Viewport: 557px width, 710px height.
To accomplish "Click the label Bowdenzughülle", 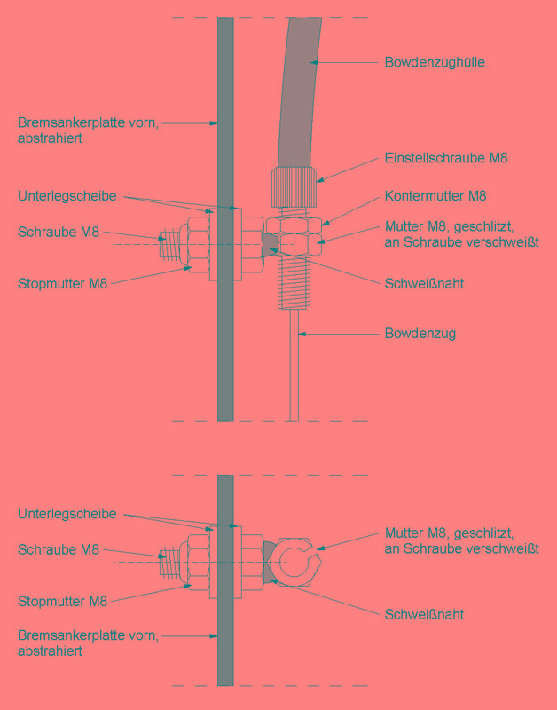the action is (435, 62).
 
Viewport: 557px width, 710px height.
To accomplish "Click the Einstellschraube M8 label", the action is (446, 158).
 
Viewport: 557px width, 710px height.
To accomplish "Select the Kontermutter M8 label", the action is (435, 196).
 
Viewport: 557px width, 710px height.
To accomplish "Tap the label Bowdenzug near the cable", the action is (420, 335).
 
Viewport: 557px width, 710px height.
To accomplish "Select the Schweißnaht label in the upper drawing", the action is (424, 284).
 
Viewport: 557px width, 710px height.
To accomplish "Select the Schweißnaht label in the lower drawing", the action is (424, 614).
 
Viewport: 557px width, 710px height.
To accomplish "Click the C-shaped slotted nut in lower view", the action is (295, 562).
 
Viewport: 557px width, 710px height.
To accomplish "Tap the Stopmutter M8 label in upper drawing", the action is (62, 284).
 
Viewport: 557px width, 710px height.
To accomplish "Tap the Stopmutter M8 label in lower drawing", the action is (62, 602).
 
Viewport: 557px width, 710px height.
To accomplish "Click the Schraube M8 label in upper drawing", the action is (59, 232).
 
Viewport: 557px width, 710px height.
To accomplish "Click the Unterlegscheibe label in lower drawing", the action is (67, 514).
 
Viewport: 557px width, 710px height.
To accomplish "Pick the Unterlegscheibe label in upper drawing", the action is (67, 196).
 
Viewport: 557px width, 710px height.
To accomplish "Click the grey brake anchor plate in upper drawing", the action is (225, 219).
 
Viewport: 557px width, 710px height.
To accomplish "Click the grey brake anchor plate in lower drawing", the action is (225, 580).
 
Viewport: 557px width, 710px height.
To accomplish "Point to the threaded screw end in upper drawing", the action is (169, 245).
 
